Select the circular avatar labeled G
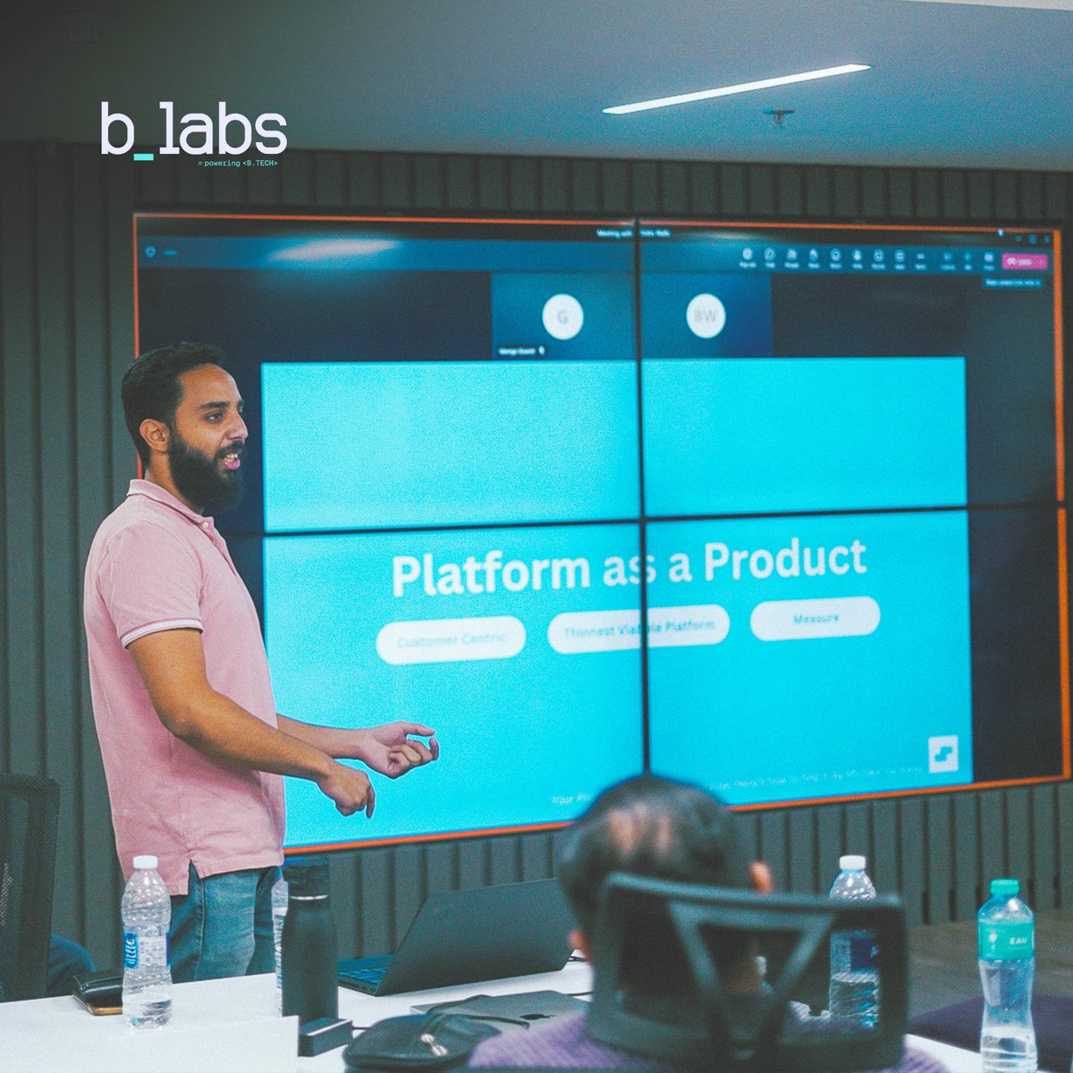click(x=562, y=317)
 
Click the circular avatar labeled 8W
click(x=705, y=316)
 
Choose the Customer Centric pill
click(x=451, y=639)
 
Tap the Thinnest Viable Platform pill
click(x=638, y=627)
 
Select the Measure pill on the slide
click(x=815, y=618)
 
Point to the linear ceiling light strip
click(x=736, y=89)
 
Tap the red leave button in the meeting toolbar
click(x=1023, y=262)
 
